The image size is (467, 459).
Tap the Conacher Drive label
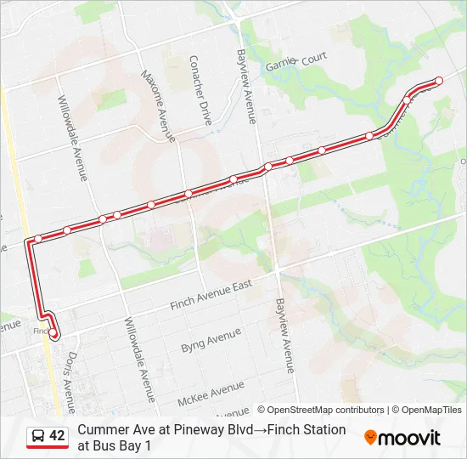pos(200,91)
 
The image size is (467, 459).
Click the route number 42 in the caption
pos(57,436)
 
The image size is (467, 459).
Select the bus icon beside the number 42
pos(38,436)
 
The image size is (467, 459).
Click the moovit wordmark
pos(410,439)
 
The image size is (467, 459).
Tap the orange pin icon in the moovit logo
pos(370,438)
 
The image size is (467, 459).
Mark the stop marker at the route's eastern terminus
pos(439,81)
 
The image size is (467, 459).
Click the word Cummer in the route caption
pos(103,430)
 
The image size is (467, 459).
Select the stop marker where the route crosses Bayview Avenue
pos(268,167)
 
